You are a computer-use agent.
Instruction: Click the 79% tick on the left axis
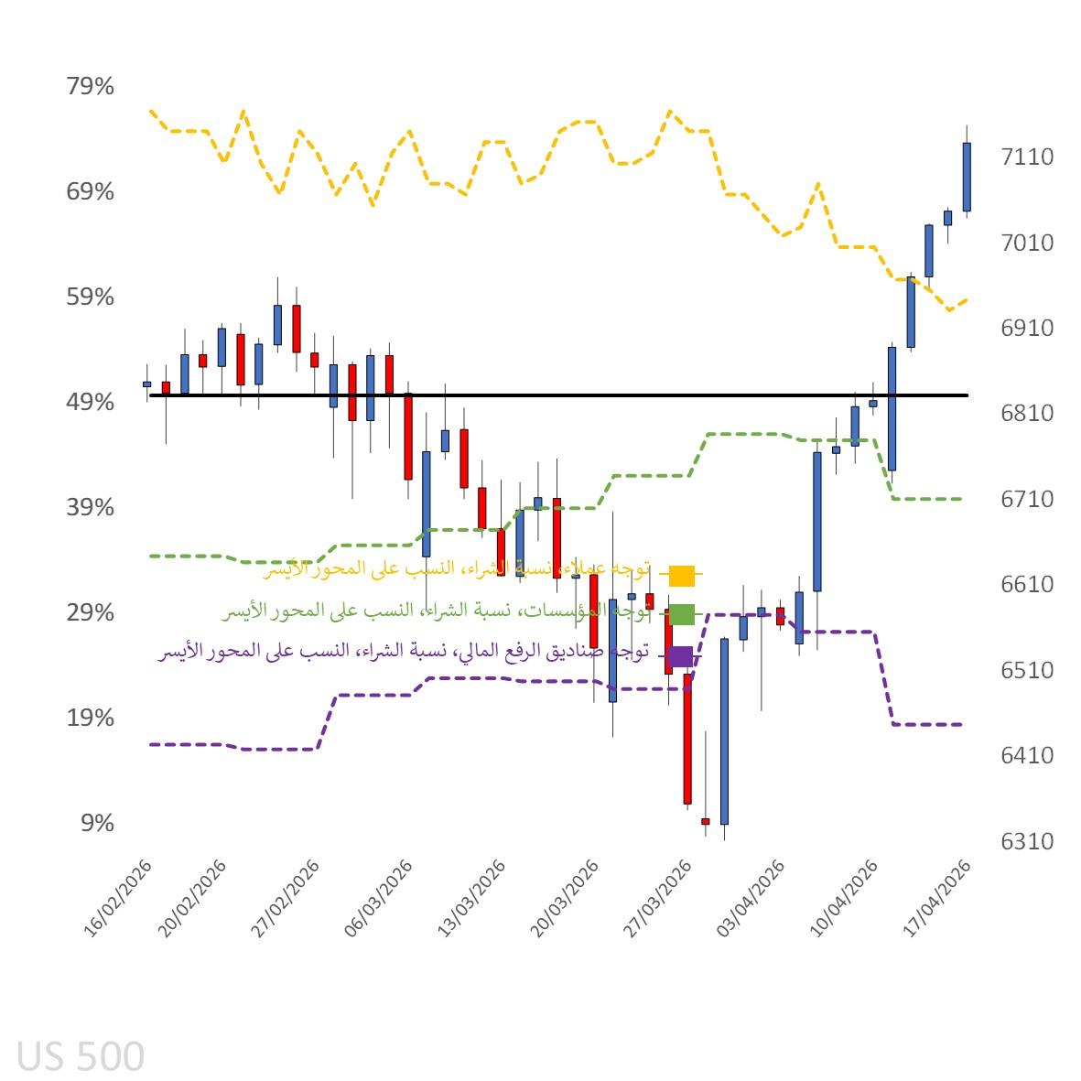pyautogui.click(x=90, y=87)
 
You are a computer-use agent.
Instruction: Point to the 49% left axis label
pyautogui.click(x=90, y=403)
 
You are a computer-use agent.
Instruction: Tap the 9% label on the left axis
pyautogui.click(x=97, y=823)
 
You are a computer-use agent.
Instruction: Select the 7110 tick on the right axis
pyautogui.click(x=1027, y=157)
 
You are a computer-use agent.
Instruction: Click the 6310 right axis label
pyautogui.click(x=1027, y=841)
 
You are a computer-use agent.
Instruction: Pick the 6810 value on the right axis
pyautogui.click(x=1027, y=414)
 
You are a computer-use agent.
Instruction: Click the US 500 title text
pyautogui.click(x=81, y=1056)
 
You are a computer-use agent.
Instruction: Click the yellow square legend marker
pyautogui.click(x=682, y=576)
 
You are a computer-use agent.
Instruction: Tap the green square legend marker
pyautogui.click(x=682, y=614)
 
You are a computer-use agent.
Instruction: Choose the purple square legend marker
pyautogui.click(x=680, y=655)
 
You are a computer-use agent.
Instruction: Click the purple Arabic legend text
pyautogui.click(x=403, y=653)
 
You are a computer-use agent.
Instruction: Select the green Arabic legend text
pyautogui.click(x=435, y=611)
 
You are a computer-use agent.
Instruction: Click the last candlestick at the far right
pyautogui.click(x=967, y=177)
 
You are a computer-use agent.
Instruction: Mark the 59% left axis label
pyautogui.click(x=90, y=297)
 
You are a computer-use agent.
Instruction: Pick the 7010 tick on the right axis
pyautogui.click(x=1027, y=243)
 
